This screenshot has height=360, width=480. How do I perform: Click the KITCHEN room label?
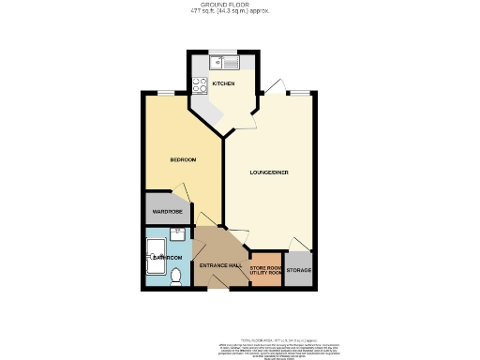[223, 83]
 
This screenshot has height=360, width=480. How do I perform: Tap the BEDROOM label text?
[182, 160]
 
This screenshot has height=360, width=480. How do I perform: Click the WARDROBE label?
[167, 212]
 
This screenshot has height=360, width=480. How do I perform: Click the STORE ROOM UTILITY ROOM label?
[266, 271]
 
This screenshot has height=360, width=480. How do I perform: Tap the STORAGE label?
[298, 270]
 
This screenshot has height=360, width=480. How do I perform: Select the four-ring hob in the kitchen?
[199, 85]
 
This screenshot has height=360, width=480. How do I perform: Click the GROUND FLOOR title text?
[239, 5]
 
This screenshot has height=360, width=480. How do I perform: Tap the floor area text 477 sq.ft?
[239, 12]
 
